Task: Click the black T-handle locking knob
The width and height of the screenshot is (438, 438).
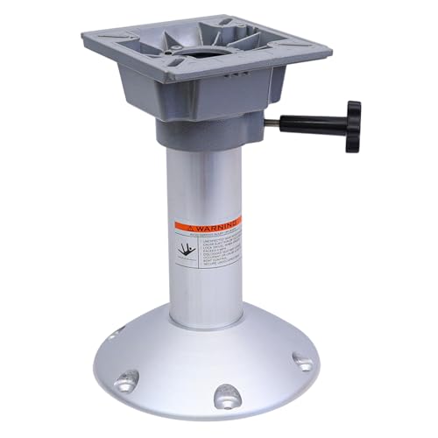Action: [x=352, y=125]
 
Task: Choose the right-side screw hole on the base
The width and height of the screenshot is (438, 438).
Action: [x=303, y=361]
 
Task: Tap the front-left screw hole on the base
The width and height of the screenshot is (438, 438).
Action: [x=127, y=379]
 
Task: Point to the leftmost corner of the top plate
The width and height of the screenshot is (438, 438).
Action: [x=84, y=36]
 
